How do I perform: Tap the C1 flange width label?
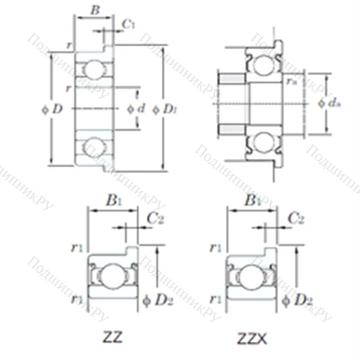(128, 24)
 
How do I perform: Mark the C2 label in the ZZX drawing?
(295, 217)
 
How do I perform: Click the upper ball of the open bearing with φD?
(92, 69)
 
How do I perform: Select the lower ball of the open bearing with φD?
(92, 147)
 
